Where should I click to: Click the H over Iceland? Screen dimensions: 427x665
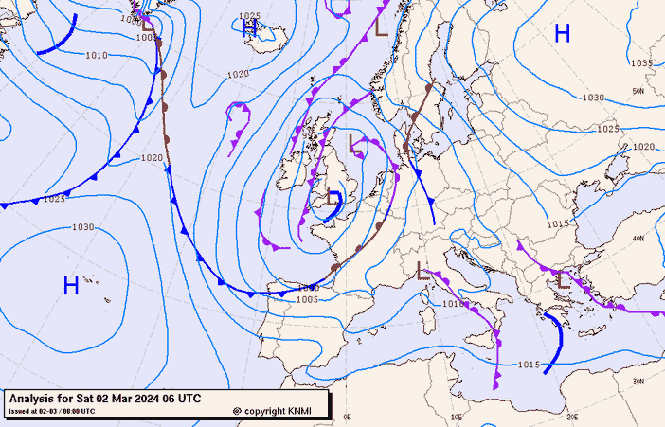(x=248, y=30)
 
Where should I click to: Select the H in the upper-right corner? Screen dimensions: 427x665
(x=562, y=34)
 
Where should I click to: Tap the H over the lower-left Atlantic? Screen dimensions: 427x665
(x=70, y=285)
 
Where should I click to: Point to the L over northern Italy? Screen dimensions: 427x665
(x=422, y=273)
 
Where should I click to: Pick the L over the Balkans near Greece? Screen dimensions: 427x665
(x=564, y=279)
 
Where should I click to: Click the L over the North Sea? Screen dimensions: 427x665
(x=356, y=145)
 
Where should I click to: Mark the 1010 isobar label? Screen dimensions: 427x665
(x=96, y=56)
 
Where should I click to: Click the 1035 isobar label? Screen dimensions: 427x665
(x=641, y=63)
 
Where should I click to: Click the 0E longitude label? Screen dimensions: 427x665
(x=347, y=417)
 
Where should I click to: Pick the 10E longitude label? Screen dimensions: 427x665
(x=458, y=417)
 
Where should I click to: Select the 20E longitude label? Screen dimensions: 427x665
(x=572, y=417)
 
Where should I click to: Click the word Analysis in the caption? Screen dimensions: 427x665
(x=35, y=399)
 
